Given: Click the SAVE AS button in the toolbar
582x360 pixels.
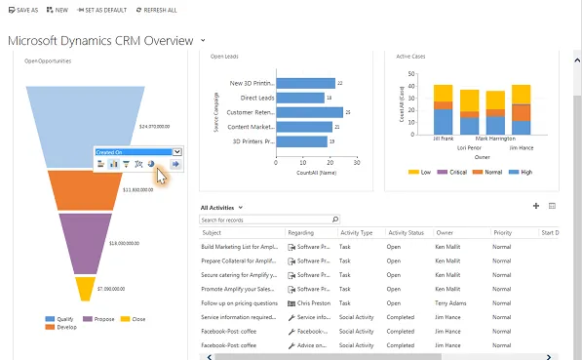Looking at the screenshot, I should (23, 10).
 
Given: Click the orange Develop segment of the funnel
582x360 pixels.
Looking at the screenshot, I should (84, 191).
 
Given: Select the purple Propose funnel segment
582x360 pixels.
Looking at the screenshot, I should (85, 242).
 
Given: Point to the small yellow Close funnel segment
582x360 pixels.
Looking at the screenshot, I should (85, 289).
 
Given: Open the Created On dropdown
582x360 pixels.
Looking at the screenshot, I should (176, 152).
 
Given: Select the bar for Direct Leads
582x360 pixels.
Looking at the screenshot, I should (300, 98).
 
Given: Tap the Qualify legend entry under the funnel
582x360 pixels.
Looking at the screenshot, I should (63, 318).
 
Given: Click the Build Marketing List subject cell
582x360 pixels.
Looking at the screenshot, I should (240, 248).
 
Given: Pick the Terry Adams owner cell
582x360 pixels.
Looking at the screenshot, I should (456, 302).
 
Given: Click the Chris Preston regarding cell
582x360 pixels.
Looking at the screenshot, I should (313, 302).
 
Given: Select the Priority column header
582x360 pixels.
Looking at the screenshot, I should (503, 233).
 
